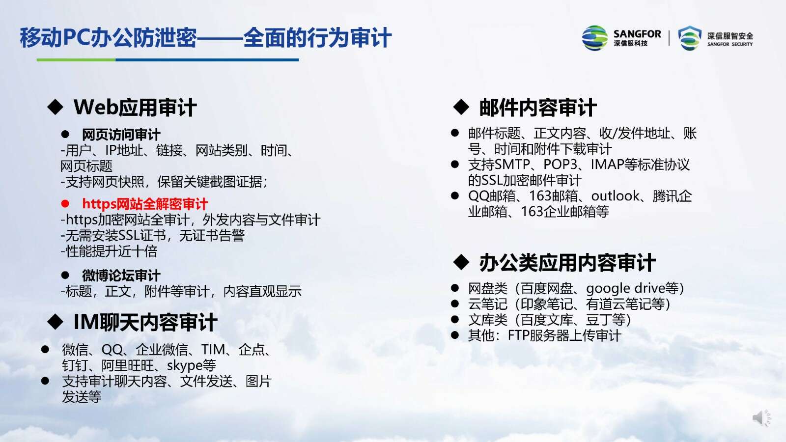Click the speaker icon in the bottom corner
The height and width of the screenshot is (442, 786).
pos(761,418)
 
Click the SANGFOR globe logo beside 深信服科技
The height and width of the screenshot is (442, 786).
pos(595,38)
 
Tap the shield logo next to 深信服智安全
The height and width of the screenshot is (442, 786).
pos(690,38)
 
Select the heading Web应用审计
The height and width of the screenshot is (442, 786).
pos(135,108)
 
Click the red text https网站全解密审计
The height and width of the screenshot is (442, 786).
pos(145,204)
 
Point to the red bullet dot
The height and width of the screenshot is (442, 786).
pos(65,203)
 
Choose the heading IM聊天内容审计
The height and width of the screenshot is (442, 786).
pos(145,322)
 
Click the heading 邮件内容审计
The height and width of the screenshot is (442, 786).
pos(538,108)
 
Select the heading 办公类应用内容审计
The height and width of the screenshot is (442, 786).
pos(567,263)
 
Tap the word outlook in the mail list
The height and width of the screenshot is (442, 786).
pos(615,196)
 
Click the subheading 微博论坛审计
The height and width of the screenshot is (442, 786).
pos(121,276)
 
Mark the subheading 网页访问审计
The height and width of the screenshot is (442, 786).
pos(121,135)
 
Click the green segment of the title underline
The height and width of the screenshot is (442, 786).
pos(76,60)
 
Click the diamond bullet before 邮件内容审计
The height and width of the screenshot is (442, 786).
pos(461,107)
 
